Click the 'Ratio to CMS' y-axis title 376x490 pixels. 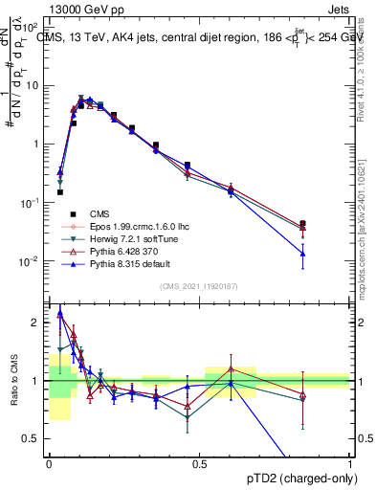(13, 381)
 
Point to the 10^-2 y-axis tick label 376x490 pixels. (32, 261)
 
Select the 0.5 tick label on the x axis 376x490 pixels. (199, 462)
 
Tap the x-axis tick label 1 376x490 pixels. (349, 462)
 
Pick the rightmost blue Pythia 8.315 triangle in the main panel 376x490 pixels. (302, 254)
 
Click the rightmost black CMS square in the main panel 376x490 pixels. (302, 224)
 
